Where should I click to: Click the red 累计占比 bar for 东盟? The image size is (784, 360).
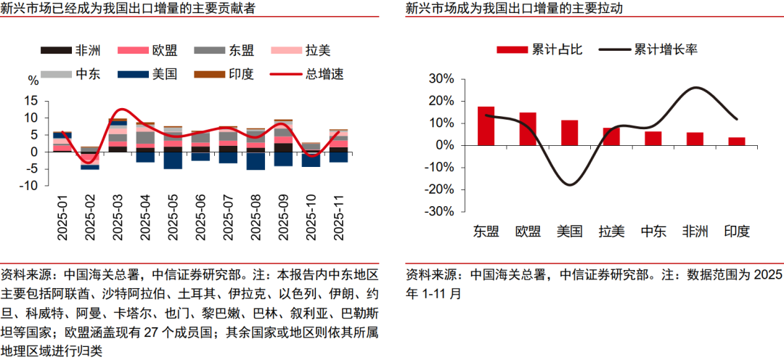[486, 126]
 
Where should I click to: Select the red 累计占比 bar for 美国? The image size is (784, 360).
[569, 133]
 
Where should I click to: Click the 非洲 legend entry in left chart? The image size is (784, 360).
[70, 50]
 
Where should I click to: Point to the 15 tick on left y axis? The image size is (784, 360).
[30, 100]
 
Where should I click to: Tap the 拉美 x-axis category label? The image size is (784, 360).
[611, 232]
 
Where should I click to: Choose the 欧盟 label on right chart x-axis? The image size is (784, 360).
[528, 232]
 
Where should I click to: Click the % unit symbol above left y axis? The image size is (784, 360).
[33, 80]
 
